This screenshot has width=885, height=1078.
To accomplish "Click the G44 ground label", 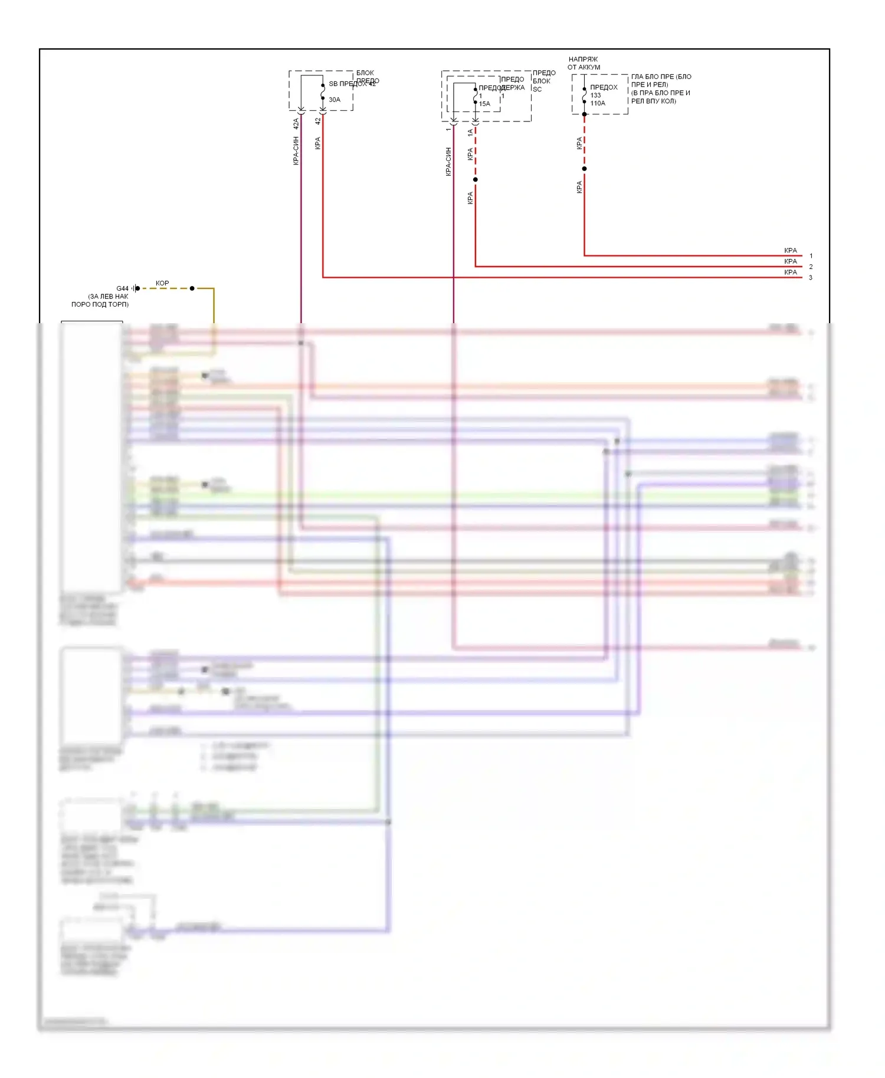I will pyautogui.click(x=122, y=288).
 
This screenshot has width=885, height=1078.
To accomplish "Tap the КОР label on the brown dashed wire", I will pyautogui.click(x=162, y=283).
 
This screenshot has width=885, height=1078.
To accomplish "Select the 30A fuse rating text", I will pyautogui.click(x=335, y=100).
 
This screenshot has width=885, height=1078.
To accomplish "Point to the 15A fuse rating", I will pyautogui.click(x=484, y=104).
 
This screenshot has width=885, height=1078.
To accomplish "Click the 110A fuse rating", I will pyautogui.click(x=598, y=103).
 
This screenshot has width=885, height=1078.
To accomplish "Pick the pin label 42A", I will pyautogui.click(x=296, y=124).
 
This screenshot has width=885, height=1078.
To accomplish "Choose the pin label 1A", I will pyautogui.click(x=470, y=133).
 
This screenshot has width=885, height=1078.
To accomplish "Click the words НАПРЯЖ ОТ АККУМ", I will pyautogui.click(x=584, y=63).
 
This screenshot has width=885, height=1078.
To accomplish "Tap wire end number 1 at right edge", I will pyautogui.click(x=811, y=256).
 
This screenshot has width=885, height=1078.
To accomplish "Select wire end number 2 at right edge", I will pyautogui.click(x=811, y=267).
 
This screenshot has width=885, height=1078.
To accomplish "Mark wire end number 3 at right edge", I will pyautogui.click(x=811, y=278).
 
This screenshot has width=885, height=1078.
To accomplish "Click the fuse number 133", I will pyautogui.click(x=595, y=95).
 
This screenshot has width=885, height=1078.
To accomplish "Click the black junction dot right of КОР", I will pyautogui.click(x=192, y=288).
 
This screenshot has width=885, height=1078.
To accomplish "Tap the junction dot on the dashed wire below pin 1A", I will pyautogui.click(x=476, y=179).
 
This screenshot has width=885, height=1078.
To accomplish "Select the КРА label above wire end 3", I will pyautogui.click(x=791, y=272).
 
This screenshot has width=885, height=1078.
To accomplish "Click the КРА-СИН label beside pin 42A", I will pyautogui.click(x=296, y=150).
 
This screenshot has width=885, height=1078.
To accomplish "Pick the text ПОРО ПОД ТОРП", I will pyautogui.click(x=100, y=304).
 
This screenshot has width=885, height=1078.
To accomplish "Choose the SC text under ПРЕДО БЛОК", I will pyautogui.click(x=537, y=90).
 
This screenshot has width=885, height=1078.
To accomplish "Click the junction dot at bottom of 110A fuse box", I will pyautogui.click(x=585, y=114).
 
